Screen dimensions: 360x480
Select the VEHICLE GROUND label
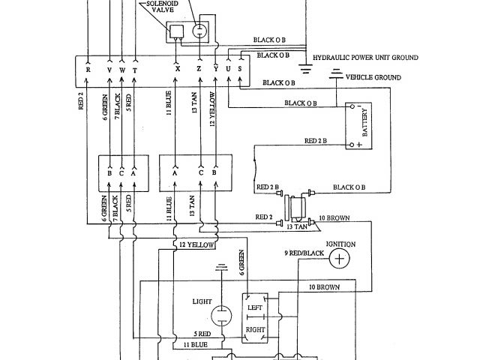click(x=375, y=77)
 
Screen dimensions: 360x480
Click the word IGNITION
click(x=340, y=244)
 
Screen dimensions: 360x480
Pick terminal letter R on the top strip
click(x=88, y=70)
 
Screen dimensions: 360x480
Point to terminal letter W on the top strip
click(x=123, y=70)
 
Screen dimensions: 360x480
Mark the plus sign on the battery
click(x=349, y=142)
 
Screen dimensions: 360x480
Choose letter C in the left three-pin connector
click(x=122, y=172)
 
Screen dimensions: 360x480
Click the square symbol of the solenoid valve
click(x=177, y=31)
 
